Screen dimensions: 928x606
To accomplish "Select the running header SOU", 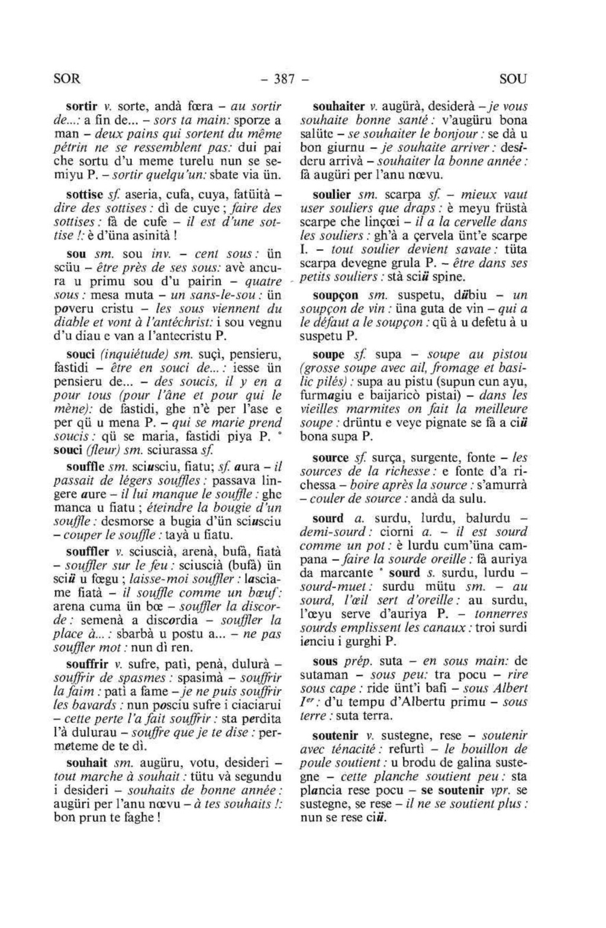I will coord(512,78).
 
